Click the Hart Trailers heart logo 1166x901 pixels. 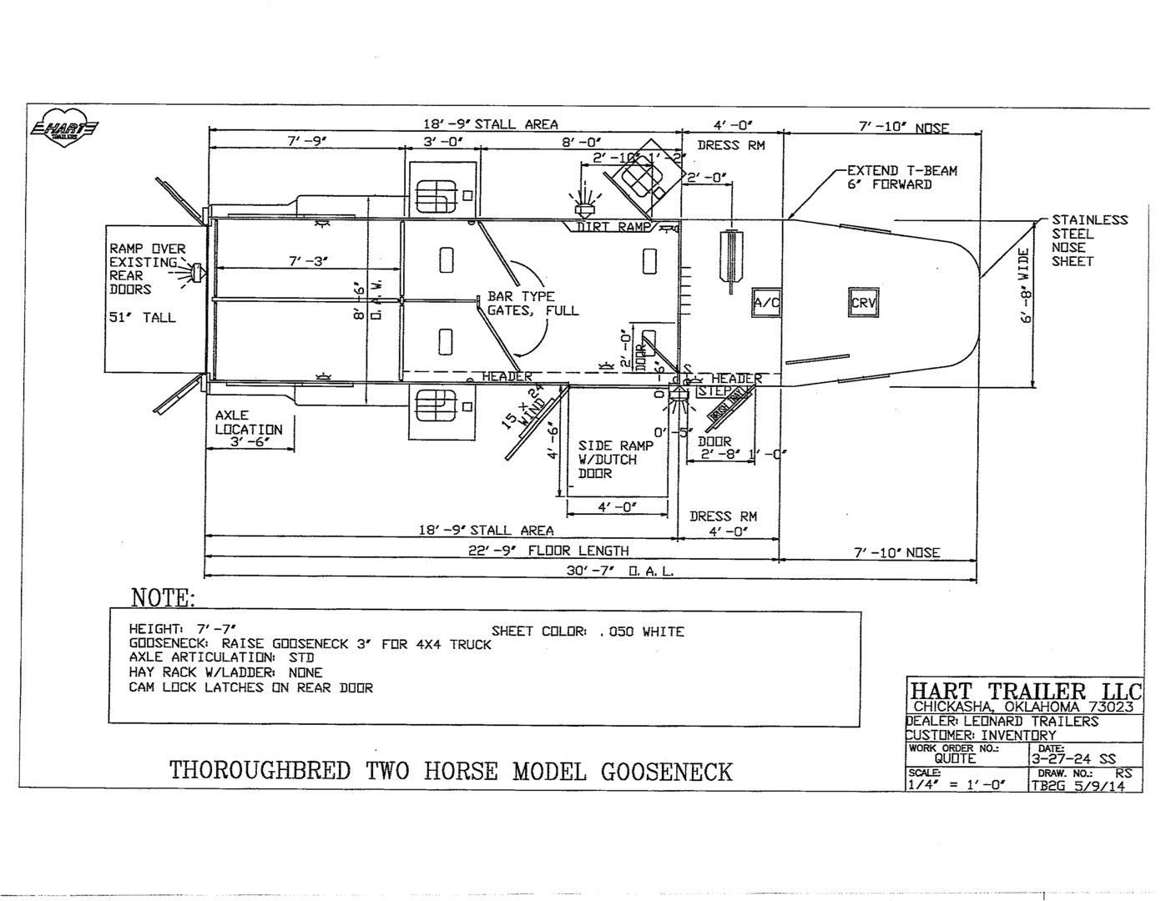(x=64, y=128)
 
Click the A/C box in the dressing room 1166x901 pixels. (x=766, y=303)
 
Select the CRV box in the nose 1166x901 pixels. (x=863, y=302)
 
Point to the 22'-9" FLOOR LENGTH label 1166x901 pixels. (x=548, y=551)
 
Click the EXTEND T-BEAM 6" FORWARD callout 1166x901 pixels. (x=901, y=178)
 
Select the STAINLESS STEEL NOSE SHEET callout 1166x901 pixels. (x=1088, y=240)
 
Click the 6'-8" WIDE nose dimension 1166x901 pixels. (x=1026, y=284)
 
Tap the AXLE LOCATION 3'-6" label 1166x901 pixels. (x=249, y=428)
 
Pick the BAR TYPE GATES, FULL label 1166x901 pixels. (x=533, y=304)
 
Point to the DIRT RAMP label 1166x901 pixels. (x=613, y=227)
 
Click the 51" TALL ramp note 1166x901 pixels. (x=142, y=318)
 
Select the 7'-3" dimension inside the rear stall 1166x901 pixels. (x=308, y=261)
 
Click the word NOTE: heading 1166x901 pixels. (x=163, y=597)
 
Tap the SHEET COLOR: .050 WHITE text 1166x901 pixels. (x=588, y=632)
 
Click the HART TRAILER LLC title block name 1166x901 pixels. (x=1025, y=692)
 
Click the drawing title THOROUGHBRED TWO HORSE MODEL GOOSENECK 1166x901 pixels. (x=451, y=771)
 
